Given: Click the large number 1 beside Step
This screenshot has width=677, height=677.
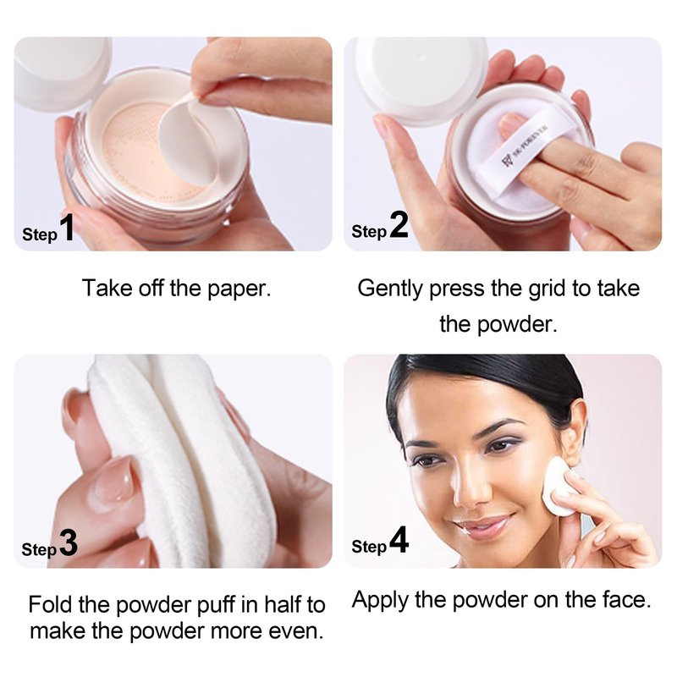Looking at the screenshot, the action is point(67,228).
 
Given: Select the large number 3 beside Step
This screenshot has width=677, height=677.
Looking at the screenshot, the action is point(69,542).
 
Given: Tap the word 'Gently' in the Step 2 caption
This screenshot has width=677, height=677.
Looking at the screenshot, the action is point(390,289).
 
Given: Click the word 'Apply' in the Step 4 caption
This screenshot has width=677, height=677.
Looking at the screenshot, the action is point(380,601).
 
